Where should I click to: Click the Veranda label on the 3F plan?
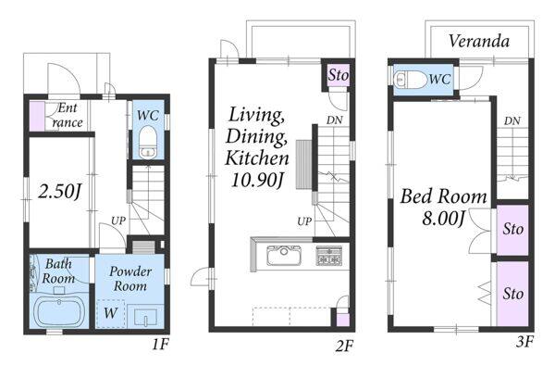[479, 41]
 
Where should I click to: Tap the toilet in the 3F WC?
[411, 80]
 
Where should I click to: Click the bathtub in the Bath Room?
[59, 313]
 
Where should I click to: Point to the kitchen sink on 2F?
[284, 256]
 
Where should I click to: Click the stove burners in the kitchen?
[329, 256]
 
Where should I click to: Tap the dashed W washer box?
[110, 313]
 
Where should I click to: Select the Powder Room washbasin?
[145, 316]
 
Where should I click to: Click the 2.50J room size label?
[59, 192]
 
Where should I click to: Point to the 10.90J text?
[257, 180]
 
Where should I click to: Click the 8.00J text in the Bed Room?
[443, 218]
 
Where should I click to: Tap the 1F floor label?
[160, 345]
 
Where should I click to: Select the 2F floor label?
[344, 346]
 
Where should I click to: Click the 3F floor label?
[524, 342]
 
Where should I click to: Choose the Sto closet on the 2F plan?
[338, 75]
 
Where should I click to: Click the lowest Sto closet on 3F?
[512, 294]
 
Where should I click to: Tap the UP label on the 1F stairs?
[118, 220]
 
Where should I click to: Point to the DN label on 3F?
[512, 121]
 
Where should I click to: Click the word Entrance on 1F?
[68, 115]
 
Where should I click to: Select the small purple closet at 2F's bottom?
[342, 320]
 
